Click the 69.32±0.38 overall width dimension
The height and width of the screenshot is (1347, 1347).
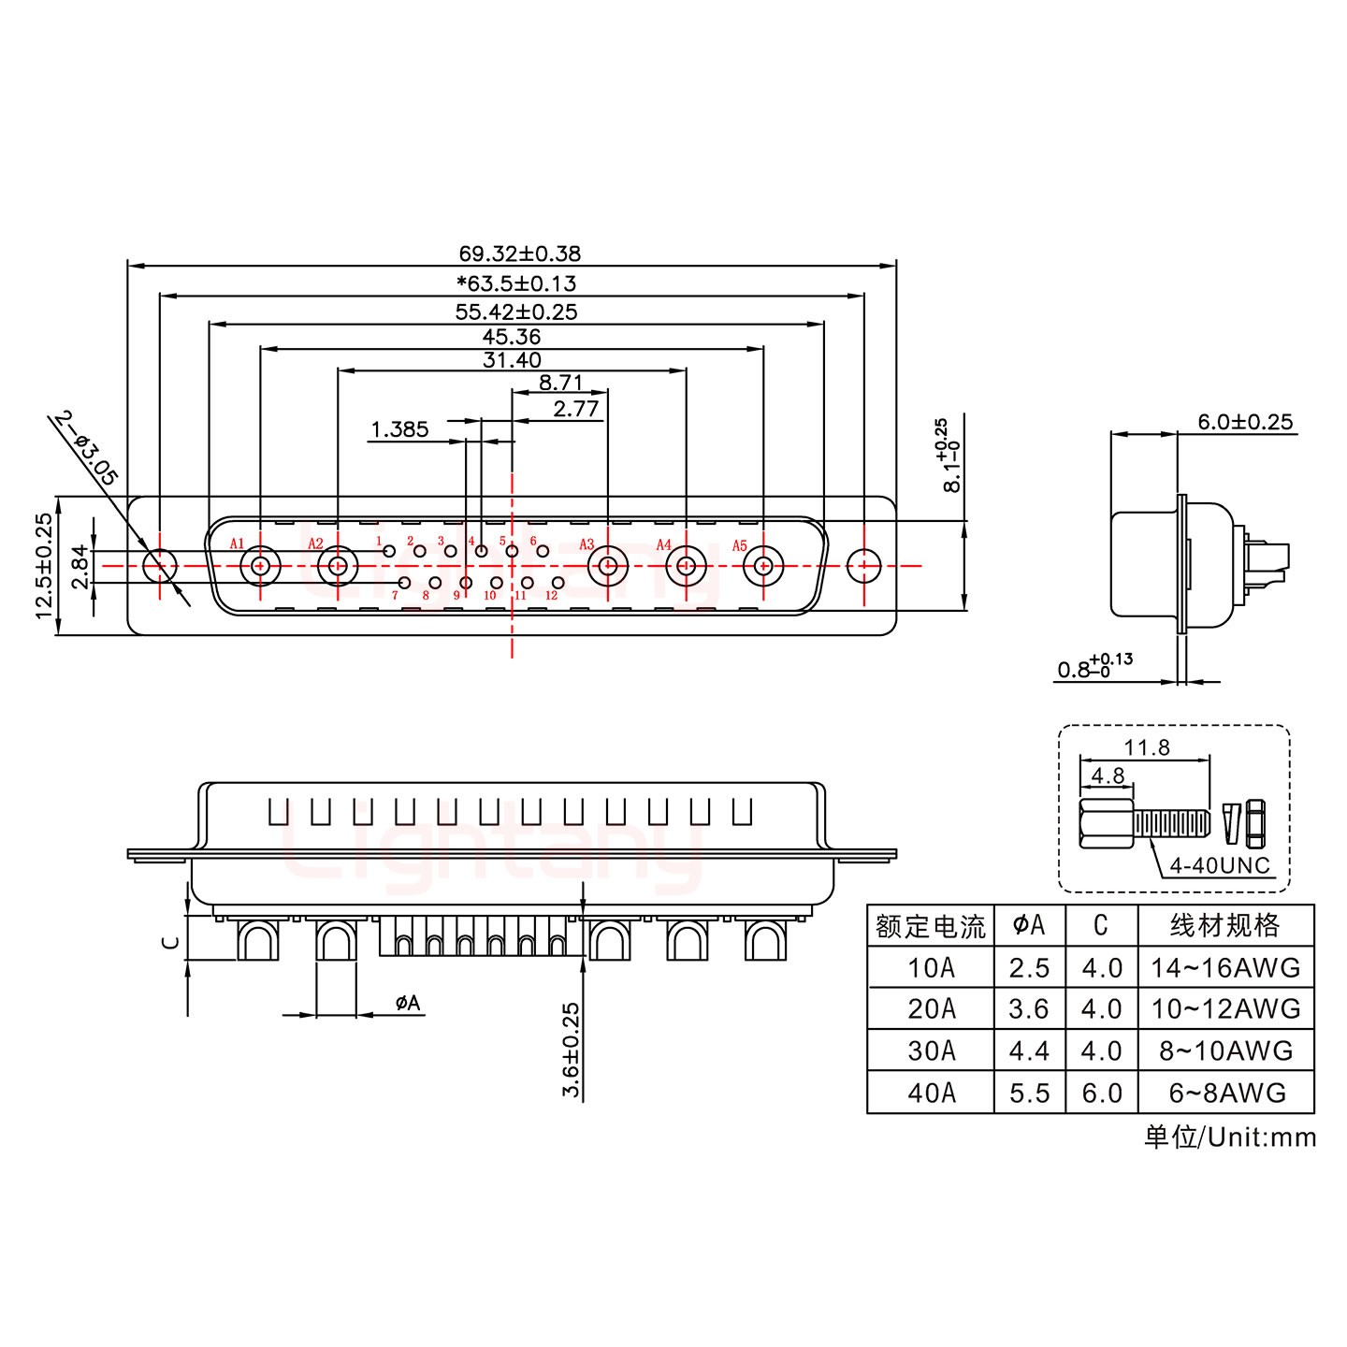[519, 253]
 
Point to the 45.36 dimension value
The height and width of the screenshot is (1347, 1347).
[512, 336]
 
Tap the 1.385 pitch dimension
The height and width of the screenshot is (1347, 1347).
[399, 429]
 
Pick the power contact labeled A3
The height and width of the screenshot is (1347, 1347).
[607, 566]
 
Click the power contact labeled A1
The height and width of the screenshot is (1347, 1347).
[259, 566]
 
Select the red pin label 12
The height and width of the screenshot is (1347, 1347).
[551, 596]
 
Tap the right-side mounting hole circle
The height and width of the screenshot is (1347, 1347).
[862, 565]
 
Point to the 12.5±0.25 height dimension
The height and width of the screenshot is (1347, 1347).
[42, 566]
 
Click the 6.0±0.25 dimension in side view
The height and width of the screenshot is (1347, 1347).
[1245, 422]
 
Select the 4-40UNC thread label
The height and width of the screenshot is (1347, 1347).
[1220, 865]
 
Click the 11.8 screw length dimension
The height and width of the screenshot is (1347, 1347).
[1147, 747]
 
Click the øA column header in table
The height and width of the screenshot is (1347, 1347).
[1029, 926]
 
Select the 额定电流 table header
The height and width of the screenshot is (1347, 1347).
[930, 927]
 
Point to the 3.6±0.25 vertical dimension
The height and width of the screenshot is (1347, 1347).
[571, 1050]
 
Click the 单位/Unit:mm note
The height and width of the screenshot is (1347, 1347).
[1229, 1137]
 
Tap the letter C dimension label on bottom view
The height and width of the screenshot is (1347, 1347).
[169, 942]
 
